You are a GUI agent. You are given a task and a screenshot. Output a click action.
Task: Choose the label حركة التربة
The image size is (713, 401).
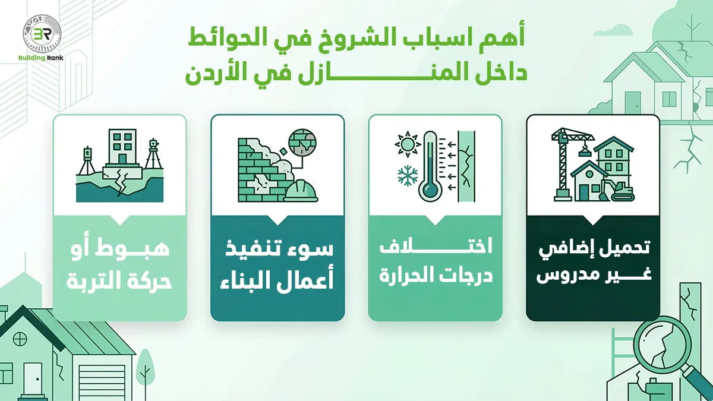coord(121,279)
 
